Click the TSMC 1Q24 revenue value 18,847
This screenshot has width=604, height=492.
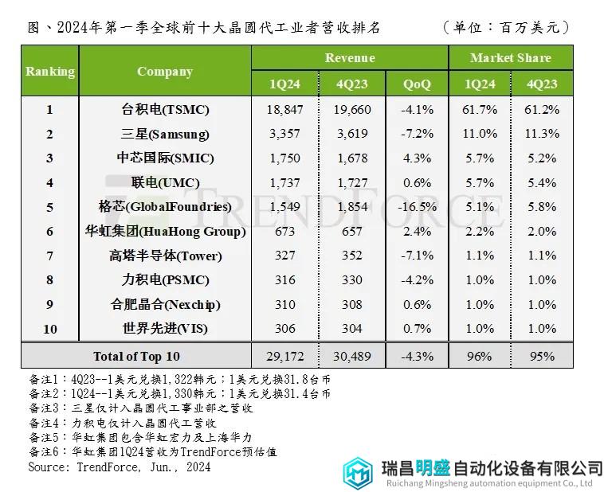(x=284, y=110)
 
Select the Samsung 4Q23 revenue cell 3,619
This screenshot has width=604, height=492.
(x=351, y=134)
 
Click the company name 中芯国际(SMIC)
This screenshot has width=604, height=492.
(x=165, y=158)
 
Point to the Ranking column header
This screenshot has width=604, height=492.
(x=50, y=72)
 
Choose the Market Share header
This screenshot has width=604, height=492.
(x=510, y=58)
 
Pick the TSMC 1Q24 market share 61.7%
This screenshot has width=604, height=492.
(x=479, y=110)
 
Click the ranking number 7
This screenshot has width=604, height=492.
(x=49, y=256)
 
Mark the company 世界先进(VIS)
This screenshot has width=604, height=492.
(x=165, y=329)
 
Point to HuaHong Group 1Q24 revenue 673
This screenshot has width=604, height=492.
(x=284, y=232)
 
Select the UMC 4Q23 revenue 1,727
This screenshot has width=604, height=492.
(x=351, y=182)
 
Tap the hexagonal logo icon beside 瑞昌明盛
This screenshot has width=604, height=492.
(x=358, y=472)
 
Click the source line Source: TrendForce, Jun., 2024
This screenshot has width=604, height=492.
(x=120, y=467)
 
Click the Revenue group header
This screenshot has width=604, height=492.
(x=350, y=58)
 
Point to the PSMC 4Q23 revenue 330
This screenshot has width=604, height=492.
(x=351, y=280)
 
